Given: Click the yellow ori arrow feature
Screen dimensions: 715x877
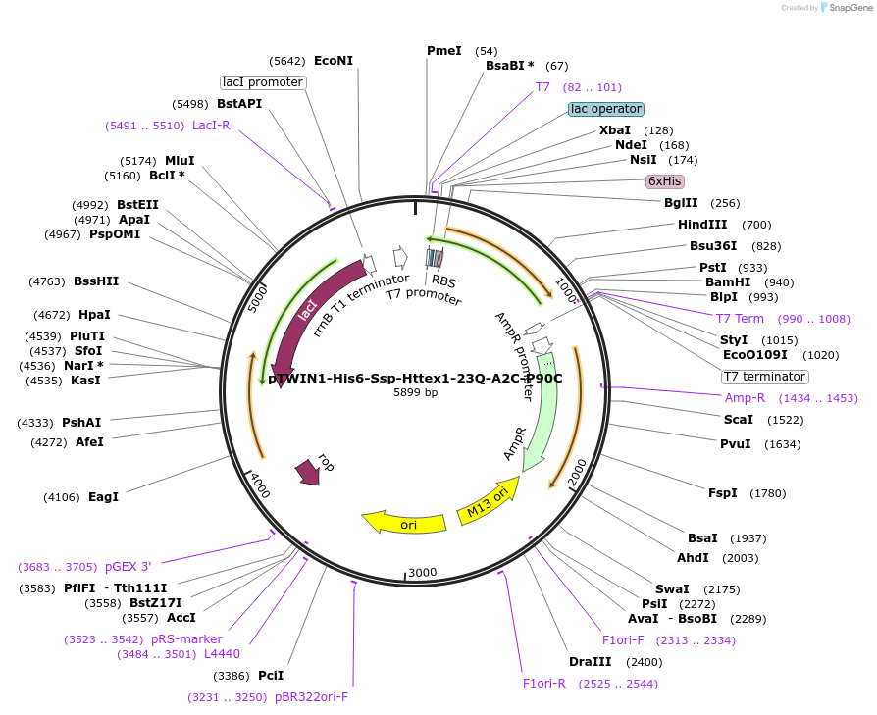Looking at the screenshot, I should [404, 523].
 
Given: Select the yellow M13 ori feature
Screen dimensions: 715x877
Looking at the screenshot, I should [489, 501].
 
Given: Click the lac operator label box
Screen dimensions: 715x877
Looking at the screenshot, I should [605, 109].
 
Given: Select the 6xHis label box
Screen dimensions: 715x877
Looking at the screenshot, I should [664, 181].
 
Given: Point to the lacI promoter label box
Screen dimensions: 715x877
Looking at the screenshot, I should [262, 82].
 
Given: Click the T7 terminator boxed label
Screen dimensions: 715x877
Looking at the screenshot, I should [764, 377].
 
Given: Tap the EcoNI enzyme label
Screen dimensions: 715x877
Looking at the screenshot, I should [334, 61].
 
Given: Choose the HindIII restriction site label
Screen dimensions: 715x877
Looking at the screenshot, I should [702, 225].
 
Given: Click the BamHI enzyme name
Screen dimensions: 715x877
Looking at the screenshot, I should [728, 282].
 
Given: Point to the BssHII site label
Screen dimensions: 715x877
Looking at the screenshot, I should [96, 281].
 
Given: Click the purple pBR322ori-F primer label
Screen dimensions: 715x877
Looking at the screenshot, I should [311, 697].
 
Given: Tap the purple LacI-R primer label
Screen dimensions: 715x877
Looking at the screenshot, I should [211, 126].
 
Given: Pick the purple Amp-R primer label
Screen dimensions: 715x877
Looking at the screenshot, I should [745, 398].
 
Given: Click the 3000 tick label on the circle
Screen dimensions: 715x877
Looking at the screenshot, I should [422, 572].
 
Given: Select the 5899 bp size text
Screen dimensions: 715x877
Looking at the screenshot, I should [416, 392].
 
